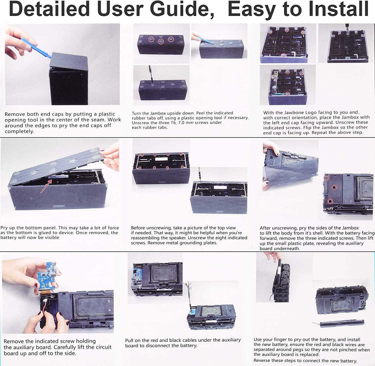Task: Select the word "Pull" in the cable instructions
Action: pos(129,340)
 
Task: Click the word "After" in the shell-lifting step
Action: pos(265,228)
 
